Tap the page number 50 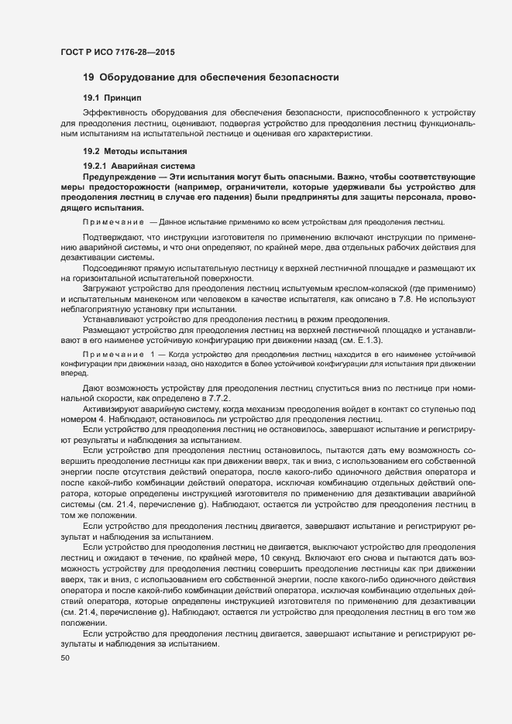coord(64,658)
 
